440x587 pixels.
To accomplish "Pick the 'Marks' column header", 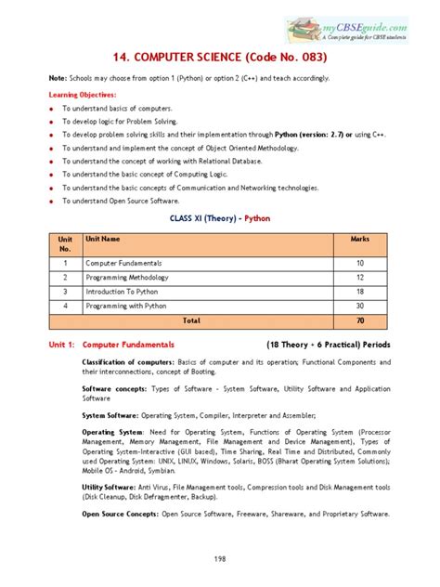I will pos(359,239).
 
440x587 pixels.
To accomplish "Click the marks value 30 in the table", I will pos(360,306).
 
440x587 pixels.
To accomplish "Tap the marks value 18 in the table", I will pos(360,292).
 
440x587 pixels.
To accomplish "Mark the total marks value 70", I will pos(360,320).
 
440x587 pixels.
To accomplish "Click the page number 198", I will pos(220,559).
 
